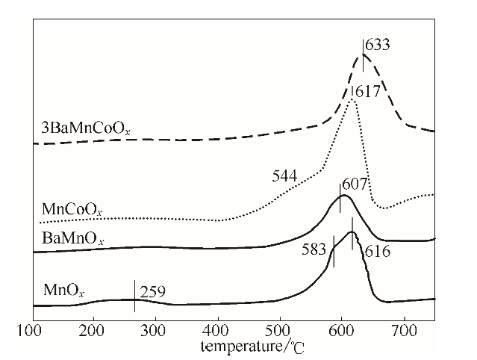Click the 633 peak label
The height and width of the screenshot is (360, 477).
point(378,46)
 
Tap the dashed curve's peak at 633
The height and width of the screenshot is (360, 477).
point(364,55)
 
